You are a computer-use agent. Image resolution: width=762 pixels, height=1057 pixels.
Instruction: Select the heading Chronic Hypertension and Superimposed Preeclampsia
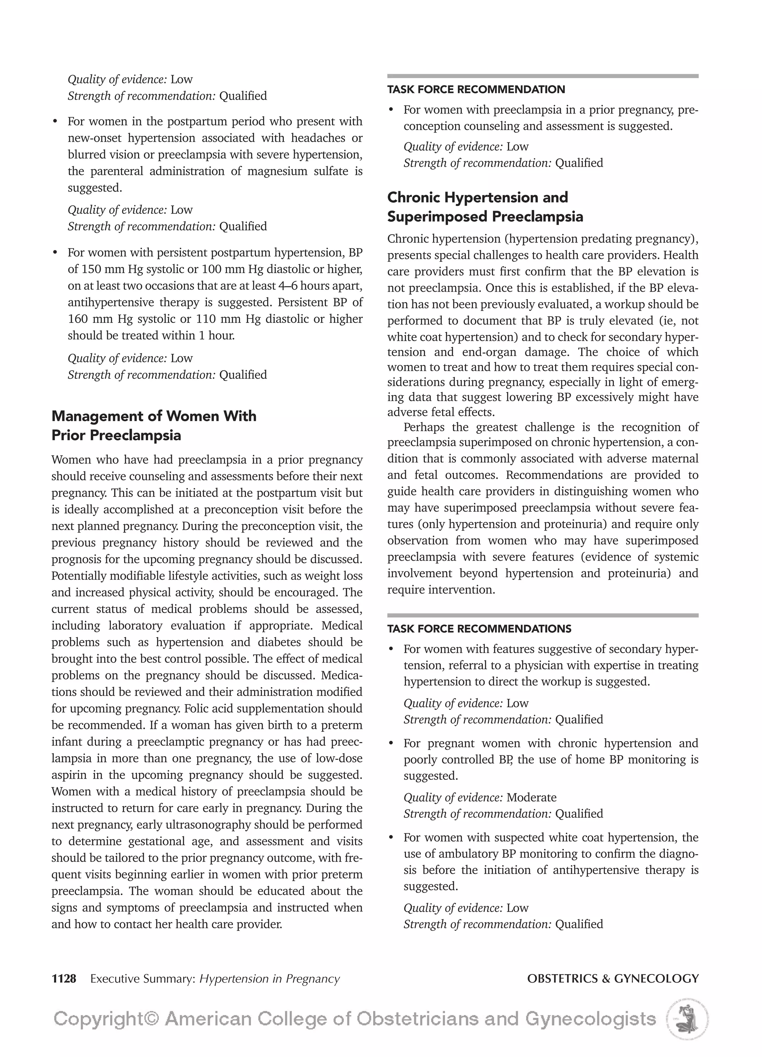point(485,207)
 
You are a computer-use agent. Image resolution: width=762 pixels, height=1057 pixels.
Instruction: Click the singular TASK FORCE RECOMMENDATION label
point(476,90)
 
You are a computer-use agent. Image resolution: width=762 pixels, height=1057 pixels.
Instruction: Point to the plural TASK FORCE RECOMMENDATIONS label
point(479,629)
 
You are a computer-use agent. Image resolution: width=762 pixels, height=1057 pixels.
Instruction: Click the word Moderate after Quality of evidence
point(531,797)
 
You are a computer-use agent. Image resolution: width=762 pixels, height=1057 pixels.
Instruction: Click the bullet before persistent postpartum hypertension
point(55,253)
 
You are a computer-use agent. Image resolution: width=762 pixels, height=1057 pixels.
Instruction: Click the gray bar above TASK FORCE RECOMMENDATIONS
point(542,615)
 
